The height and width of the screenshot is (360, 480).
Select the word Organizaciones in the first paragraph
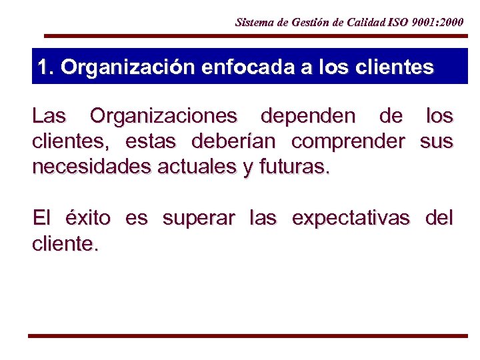click(x=163, y=116)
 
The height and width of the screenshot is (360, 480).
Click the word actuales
click(x=193, y=167)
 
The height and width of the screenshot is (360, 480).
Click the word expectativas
click(x=351, y=218)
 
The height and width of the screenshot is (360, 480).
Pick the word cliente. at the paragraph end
click(x=65, y=244)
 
